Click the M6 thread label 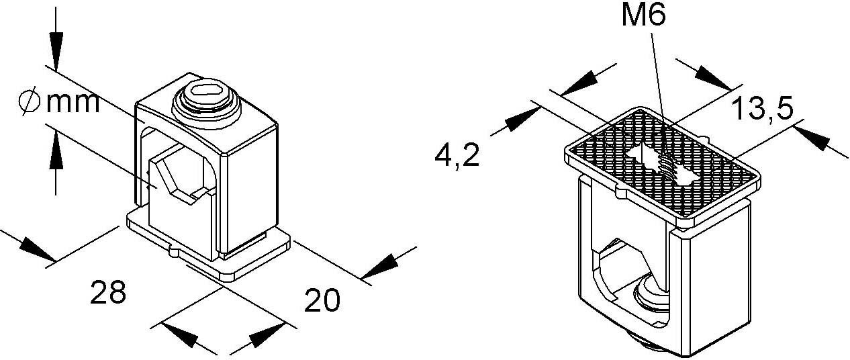click(x=644, y=16)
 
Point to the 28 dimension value click(x=108, y=292)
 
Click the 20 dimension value click(x=322, y=300)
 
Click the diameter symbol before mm click(x=30, y=101)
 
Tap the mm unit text click(x=73, y=103)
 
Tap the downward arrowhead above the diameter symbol click(x=56, y=51)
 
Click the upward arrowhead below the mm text click(x=56, y=149)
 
